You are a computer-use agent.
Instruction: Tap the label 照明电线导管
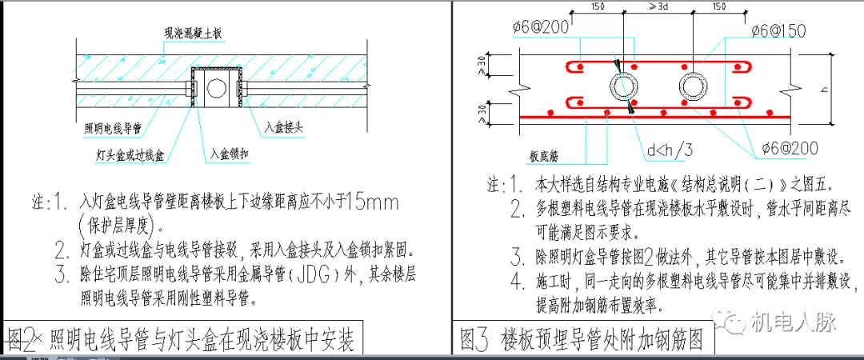(111, 127)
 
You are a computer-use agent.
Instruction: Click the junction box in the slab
(217, 87)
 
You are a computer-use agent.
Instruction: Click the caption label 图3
(474, 340)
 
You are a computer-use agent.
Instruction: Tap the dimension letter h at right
(837, 87)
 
